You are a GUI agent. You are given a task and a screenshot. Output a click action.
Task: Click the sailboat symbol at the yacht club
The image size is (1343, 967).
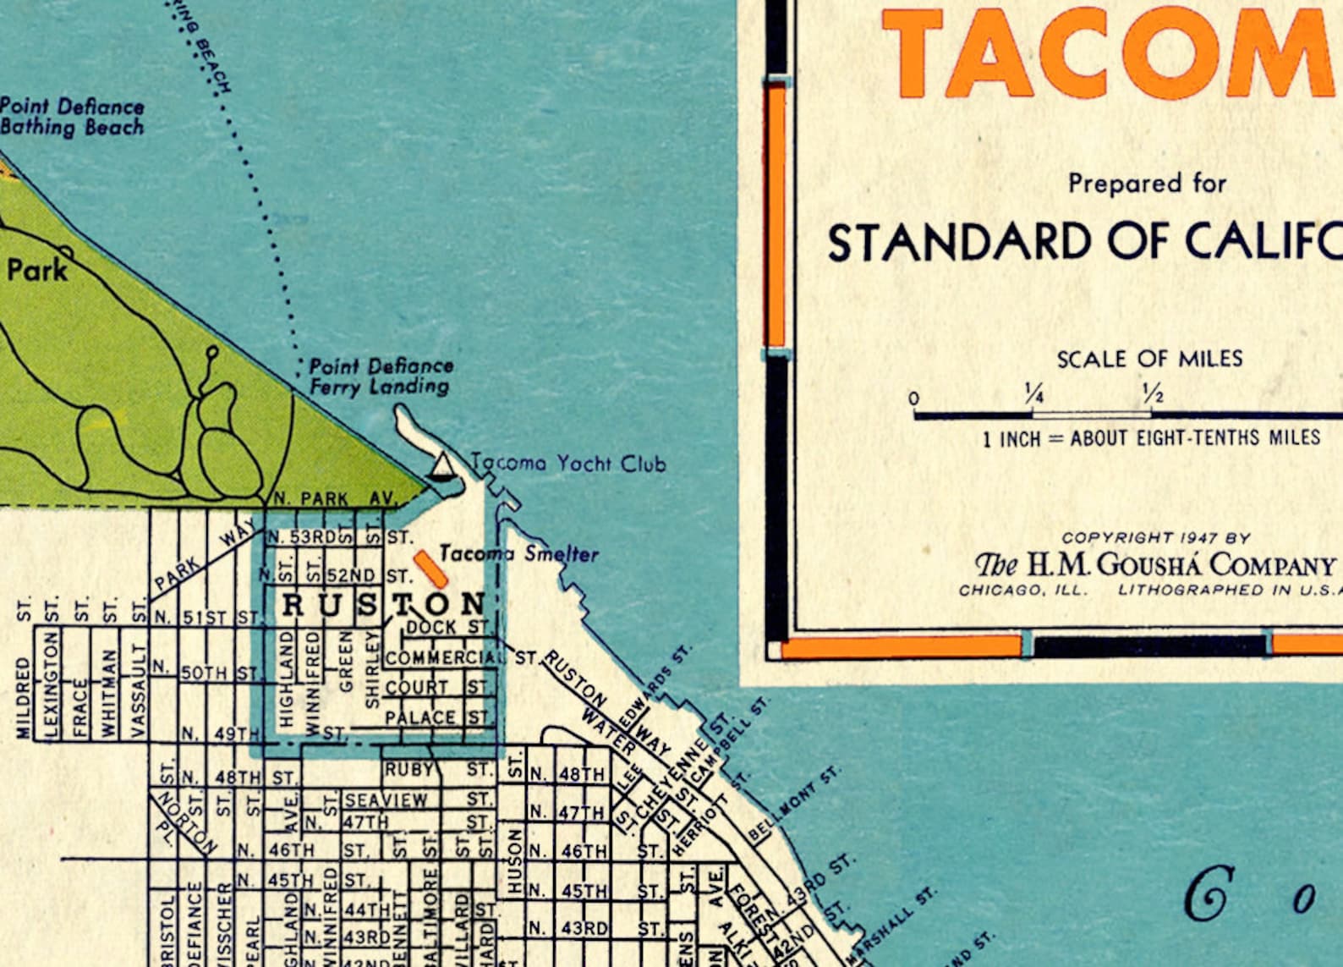coord(441,467)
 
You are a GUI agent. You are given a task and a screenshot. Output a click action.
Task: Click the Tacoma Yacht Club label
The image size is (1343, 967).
coord(568,464)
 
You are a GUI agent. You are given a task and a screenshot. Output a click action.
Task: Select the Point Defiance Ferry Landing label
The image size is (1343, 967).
coord(380,376)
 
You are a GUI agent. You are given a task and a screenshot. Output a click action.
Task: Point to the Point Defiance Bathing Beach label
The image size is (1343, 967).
coord(72,117)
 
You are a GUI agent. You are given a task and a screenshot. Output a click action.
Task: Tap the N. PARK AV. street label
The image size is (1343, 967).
coord(335,499)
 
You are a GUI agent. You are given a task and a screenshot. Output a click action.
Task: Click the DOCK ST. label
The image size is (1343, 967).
coord(447,628)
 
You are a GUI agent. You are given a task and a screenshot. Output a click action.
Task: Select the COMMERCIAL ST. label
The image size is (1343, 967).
coord(461,657)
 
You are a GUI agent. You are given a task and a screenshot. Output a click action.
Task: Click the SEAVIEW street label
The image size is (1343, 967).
coord(386,799)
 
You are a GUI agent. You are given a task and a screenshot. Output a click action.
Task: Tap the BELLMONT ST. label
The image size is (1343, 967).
coord(794,804)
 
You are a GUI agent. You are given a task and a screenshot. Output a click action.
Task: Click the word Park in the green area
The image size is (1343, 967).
coord(37,271)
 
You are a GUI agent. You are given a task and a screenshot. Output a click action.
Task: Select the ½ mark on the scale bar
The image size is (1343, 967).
coord(1152,394)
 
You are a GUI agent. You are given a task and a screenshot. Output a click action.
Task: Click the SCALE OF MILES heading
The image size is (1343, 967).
coord(1149,359)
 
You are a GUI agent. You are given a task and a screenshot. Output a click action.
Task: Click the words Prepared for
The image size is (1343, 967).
coord(1146,184)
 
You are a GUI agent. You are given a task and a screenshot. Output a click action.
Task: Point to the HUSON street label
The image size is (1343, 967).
coord(514,860)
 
